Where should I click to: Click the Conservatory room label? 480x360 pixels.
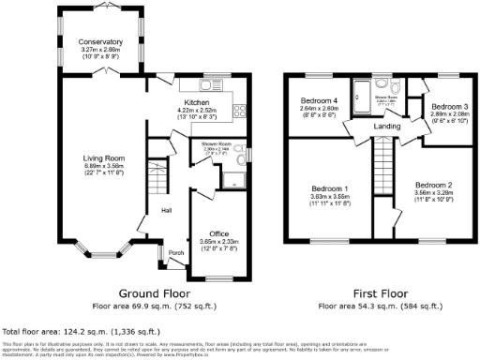[x=101, y=42]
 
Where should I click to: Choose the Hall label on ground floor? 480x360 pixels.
[x=166, y=210]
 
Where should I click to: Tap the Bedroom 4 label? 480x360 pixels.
[x=319, y=101]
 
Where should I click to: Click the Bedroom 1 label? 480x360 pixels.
[x=330, y=187]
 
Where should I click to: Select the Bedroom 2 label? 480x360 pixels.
[x=434, y=185]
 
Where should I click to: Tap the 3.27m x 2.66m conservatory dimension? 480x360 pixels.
[x=101, y=50]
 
